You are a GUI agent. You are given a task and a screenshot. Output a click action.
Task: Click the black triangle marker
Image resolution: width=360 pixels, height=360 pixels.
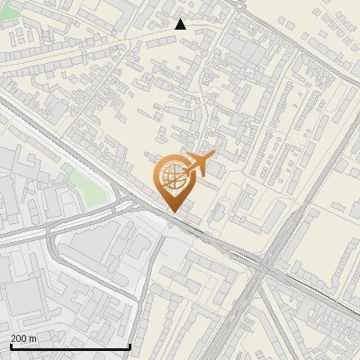tap(180, 24)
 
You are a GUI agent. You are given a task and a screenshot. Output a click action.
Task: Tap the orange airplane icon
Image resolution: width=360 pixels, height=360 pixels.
tap(199, 165)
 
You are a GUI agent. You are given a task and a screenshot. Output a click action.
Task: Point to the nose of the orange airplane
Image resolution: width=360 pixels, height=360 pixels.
tap(214, 157)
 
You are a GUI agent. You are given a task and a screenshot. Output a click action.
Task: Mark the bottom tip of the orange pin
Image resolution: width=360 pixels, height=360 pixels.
tap(171, 211)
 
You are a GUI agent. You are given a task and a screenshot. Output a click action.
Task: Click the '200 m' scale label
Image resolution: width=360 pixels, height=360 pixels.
tap(23, 339)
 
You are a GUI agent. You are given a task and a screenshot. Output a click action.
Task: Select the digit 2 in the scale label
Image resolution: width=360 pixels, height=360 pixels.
tap(13, 339)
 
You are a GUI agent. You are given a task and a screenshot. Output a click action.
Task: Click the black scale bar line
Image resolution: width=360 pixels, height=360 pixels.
tap(70, 347)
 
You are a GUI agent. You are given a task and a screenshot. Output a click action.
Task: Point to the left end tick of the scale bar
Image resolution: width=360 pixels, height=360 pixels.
tap(11, 346)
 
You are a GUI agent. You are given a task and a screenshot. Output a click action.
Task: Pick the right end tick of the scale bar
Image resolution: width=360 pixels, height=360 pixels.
tap(130, 346)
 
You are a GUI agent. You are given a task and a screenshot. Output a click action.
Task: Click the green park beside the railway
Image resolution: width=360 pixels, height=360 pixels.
tap(86, 186)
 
